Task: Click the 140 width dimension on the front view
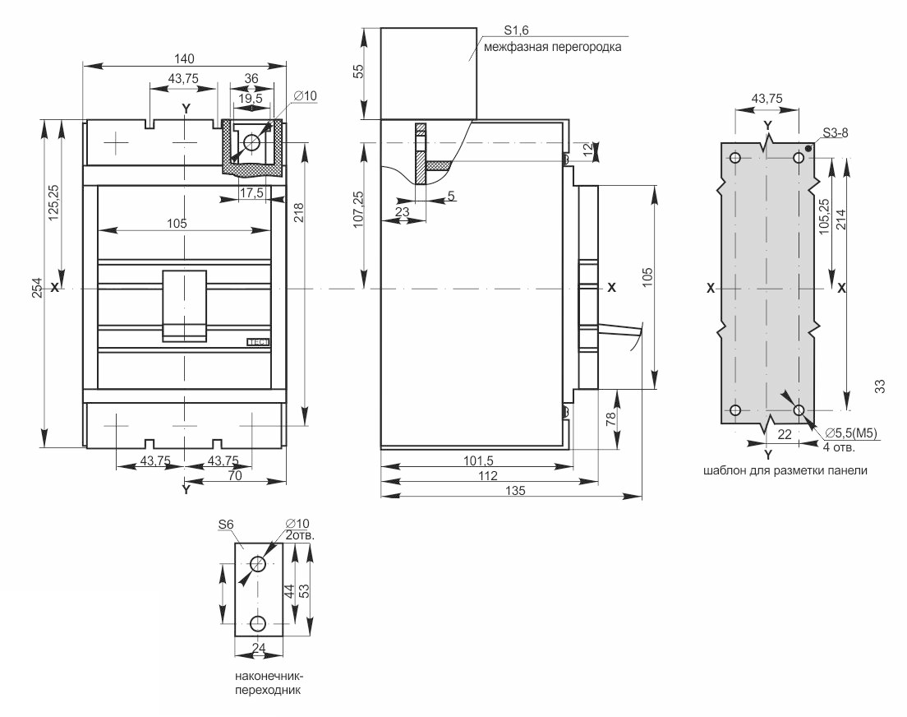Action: [184, 58]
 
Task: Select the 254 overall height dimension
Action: [37, 289]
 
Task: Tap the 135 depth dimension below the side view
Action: [515, 491]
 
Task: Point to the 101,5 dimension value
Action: [478, 461]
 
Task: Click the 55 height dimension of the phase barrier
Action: [359, 71]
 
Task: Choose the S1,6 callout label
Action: [516, 31]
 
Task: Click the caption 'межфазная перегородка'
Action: [552, 47]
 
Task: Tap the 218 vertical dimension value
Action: [298, 213]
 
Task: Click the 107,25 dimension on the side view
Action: [359, 210]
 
